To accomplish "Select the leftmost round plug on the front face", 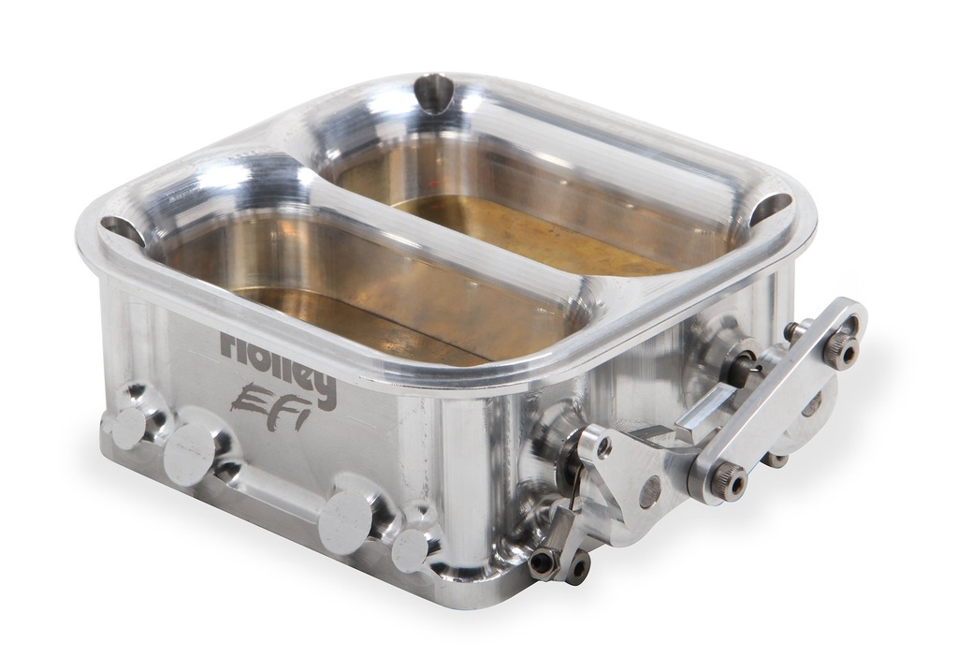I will click(x=126, y=427).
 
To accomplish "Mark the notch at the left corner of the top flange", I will click(x=121, y=229).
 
